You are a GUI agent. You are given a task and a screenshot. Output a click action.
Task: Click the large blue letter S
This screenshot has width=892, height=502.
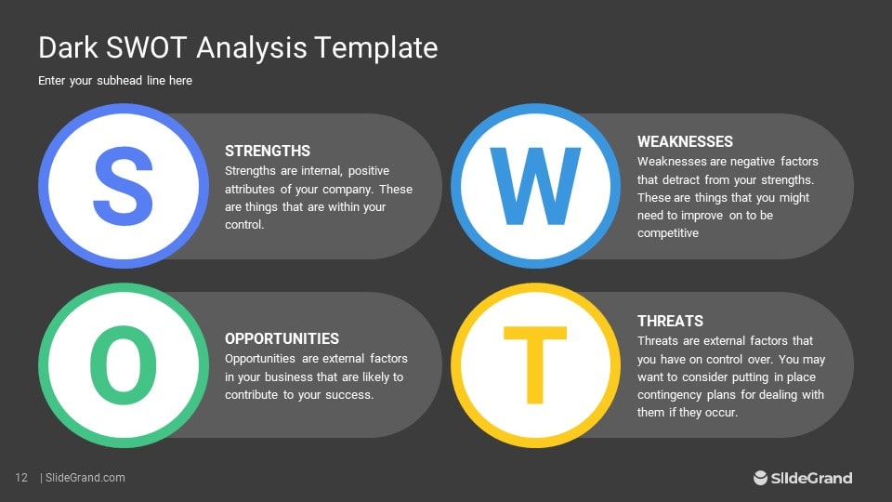(125, 186)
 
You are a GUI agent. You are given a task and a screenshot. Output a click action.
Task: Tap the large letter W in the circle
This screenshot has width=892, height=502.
(535, 187)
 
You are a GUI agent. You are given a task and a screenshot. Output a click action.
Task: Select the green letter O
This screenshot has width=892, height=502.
(125, 365)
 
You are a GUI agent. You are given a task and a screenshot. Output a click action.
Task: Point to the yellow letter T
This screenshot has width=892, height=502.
(535, 365)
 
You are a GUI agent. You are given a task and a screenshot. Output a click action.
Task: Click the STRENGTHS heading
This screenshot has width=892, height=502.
(268, 151)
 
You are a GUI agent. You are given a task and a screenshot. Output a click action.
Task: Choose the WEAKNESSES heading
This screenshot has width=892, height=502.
(685, 141)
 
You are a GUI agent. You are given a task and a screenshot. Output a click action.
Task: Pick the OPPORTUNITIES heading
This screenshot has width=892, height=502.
(282, 338)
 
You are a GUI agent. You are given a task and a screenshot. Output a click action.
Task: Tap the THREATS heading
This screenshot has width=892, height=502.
(670, 321)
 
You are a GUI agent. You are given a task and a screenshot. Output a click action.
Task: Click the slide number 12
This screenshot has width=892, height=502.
(21, 478)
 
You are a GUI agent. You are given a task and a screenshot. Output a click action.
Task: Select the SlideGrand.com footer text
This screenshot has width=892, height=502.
(85, 478)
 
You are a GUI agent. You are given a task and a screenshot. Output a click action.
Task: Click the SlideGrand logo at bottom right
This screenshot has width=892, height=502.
(802, 478)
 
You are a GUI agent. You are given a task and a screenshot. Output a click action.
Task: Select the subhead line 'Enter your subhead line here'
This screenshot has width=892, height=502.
(115, 81)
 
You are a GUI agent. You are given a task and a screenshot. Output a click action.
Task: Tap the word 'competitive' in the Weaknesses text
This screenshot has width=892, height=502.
(667, 233)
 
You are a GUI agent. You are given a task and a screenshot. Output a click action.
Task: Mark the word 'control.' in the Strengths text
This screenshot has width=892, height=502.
(245, 225)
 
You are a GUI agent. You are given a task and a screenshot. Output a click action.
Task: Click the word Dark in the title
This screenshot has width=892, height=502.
(68, 47)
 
